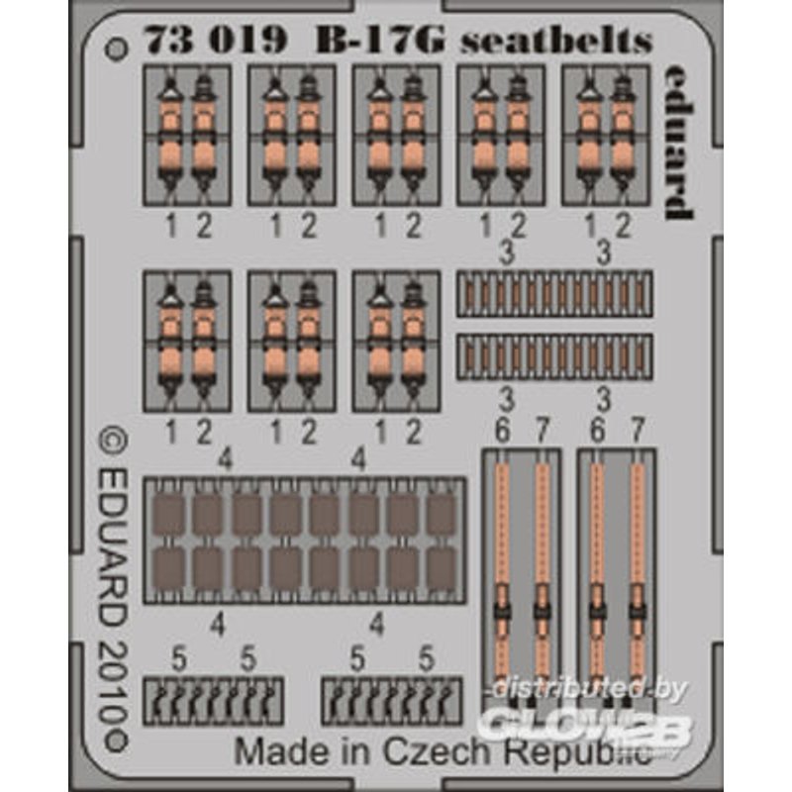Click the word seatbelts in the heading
pos(556,40)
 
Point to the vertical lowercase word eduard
pos(678,142)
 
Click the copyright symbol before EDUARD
pos(113,441)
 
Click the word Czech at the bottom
pos(437,751)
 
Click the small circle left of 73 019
pos(116,49)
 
